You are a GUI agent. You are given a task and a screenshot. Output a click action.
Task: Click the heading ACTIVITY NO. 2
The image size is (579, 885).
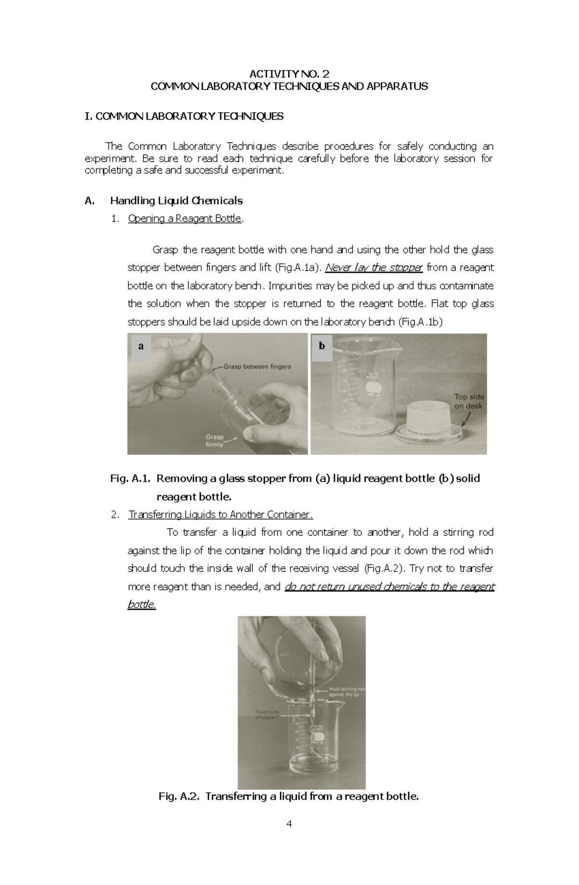pyautogui.click(x=289, y=74)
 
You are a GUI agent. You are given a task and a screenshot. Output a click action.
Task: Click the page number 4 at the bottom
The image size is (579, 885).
pyautogui.click(x=289, y=823)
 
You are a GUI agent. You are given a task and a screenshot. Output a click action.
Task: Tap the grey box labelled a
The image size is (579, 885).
pyautogui.click(x=141, y=346)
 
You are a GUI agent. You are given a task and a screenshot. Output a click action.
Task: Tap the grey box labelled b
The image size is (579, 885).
pyautogui.click(x=322, y=346)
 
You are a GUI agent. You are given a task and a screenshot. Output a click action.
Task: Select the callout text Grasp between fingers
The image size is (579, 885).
pyautogui.click(x=257, y=367)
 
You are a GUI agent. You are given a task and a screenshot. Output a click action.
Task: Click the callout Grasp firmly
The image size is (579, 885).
pyautogui.click(x=215, y=441)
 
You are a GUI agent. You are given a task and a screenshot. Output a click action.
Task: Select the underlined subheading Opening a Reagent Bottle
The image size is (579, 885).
pyautogui.click(x=184, y=218)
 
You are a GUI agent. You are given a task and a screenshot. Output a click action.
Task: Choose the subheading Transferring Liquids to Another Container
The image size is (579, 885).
pyautogui.click(x=221, y=515)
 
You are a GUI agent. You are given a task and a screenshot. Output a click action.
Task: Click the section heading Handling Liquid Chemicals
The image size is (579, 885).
pyautogui.click(x=176, y=201)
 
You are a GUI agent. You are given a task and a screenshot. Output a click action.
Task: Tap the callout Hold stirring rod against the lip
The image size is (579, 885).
pyautogui.click(x=346, y=692)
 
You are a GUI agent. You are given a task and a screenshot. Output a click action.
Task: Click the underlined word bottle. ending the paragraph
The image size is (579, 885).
pyautogui.click(x=141, y=604)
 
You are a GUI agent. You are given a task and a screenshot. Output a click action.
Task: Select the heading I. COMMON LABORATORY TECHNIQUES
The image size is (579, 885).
pyautogui.click(x=184, y=116)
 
